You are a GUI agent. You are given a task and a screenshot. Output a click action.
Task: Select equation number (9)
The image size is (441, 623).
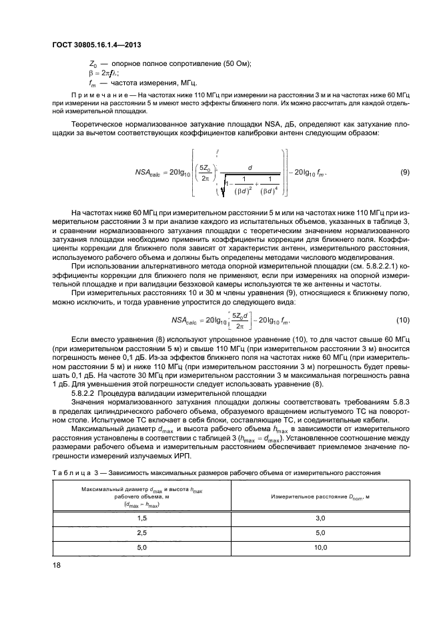(404, 173)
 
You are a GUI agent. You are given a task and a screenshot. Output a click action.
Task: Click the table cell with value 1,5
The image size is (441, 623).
(141, 518)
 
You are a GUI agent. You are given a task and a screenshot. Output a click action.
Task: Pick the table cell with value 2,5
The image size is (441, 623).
(141, 532)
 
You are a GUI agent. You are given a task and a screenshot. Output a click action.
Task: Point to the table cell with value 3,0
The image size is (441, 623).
(320, 518)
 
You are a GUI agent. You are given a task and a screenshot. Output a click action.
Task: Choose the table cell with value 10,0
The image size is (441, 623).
(320, 547)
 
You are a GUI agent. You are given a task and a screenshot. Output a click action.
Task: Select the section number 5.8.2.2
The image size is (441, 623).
(85, 392)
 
